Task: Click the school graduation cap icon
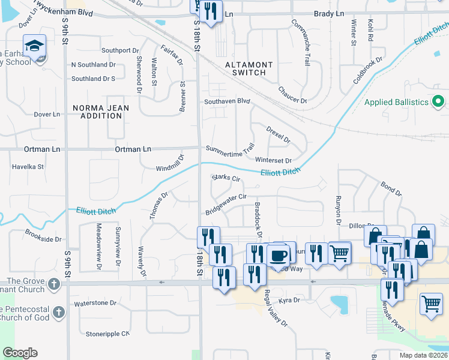coord(35,46)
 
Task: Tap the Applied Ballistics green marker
coord(438,102)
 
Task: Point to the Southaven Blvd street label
coord(226,101)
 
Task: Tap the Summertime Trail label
coord(231,148)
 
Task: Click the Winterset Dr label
coord(273,160)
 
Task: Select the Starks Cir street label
coord(226,178)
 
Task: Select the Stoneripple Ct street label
coord(107,334)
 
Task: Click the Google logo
coord(19,353)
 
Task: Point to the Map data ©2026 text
coord(423,355)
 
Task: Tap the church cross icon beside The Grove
coord(54,282)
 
